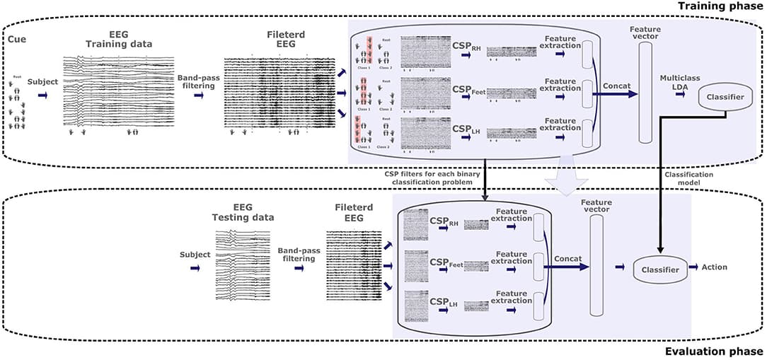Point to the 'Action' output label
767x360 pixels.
coord(715,267)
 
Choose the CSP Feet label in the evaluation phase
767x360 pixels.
coord(446,264)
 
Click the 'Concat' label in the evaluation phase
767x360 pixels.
coord(568,260)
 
